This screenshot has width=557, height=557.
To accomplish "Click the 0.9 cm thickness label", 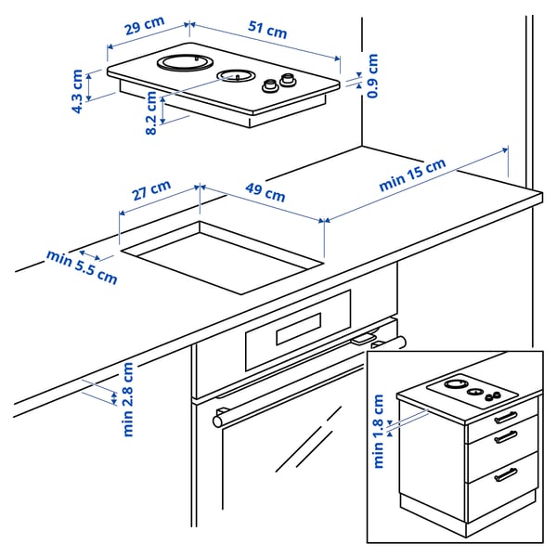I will click(x=372, y=76).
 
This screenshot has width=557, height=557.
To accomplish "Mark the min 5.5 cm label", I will click(x=83, y=266).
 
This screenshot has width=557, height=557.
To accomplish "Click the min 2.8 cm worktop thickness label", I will click(x=128, y=399).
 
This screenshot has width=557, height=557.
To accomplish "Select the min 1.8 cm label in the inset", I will click(x=379, y=432).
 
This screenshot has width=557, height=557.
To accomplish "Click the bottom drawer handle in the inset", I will click(x=506, y=475).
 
